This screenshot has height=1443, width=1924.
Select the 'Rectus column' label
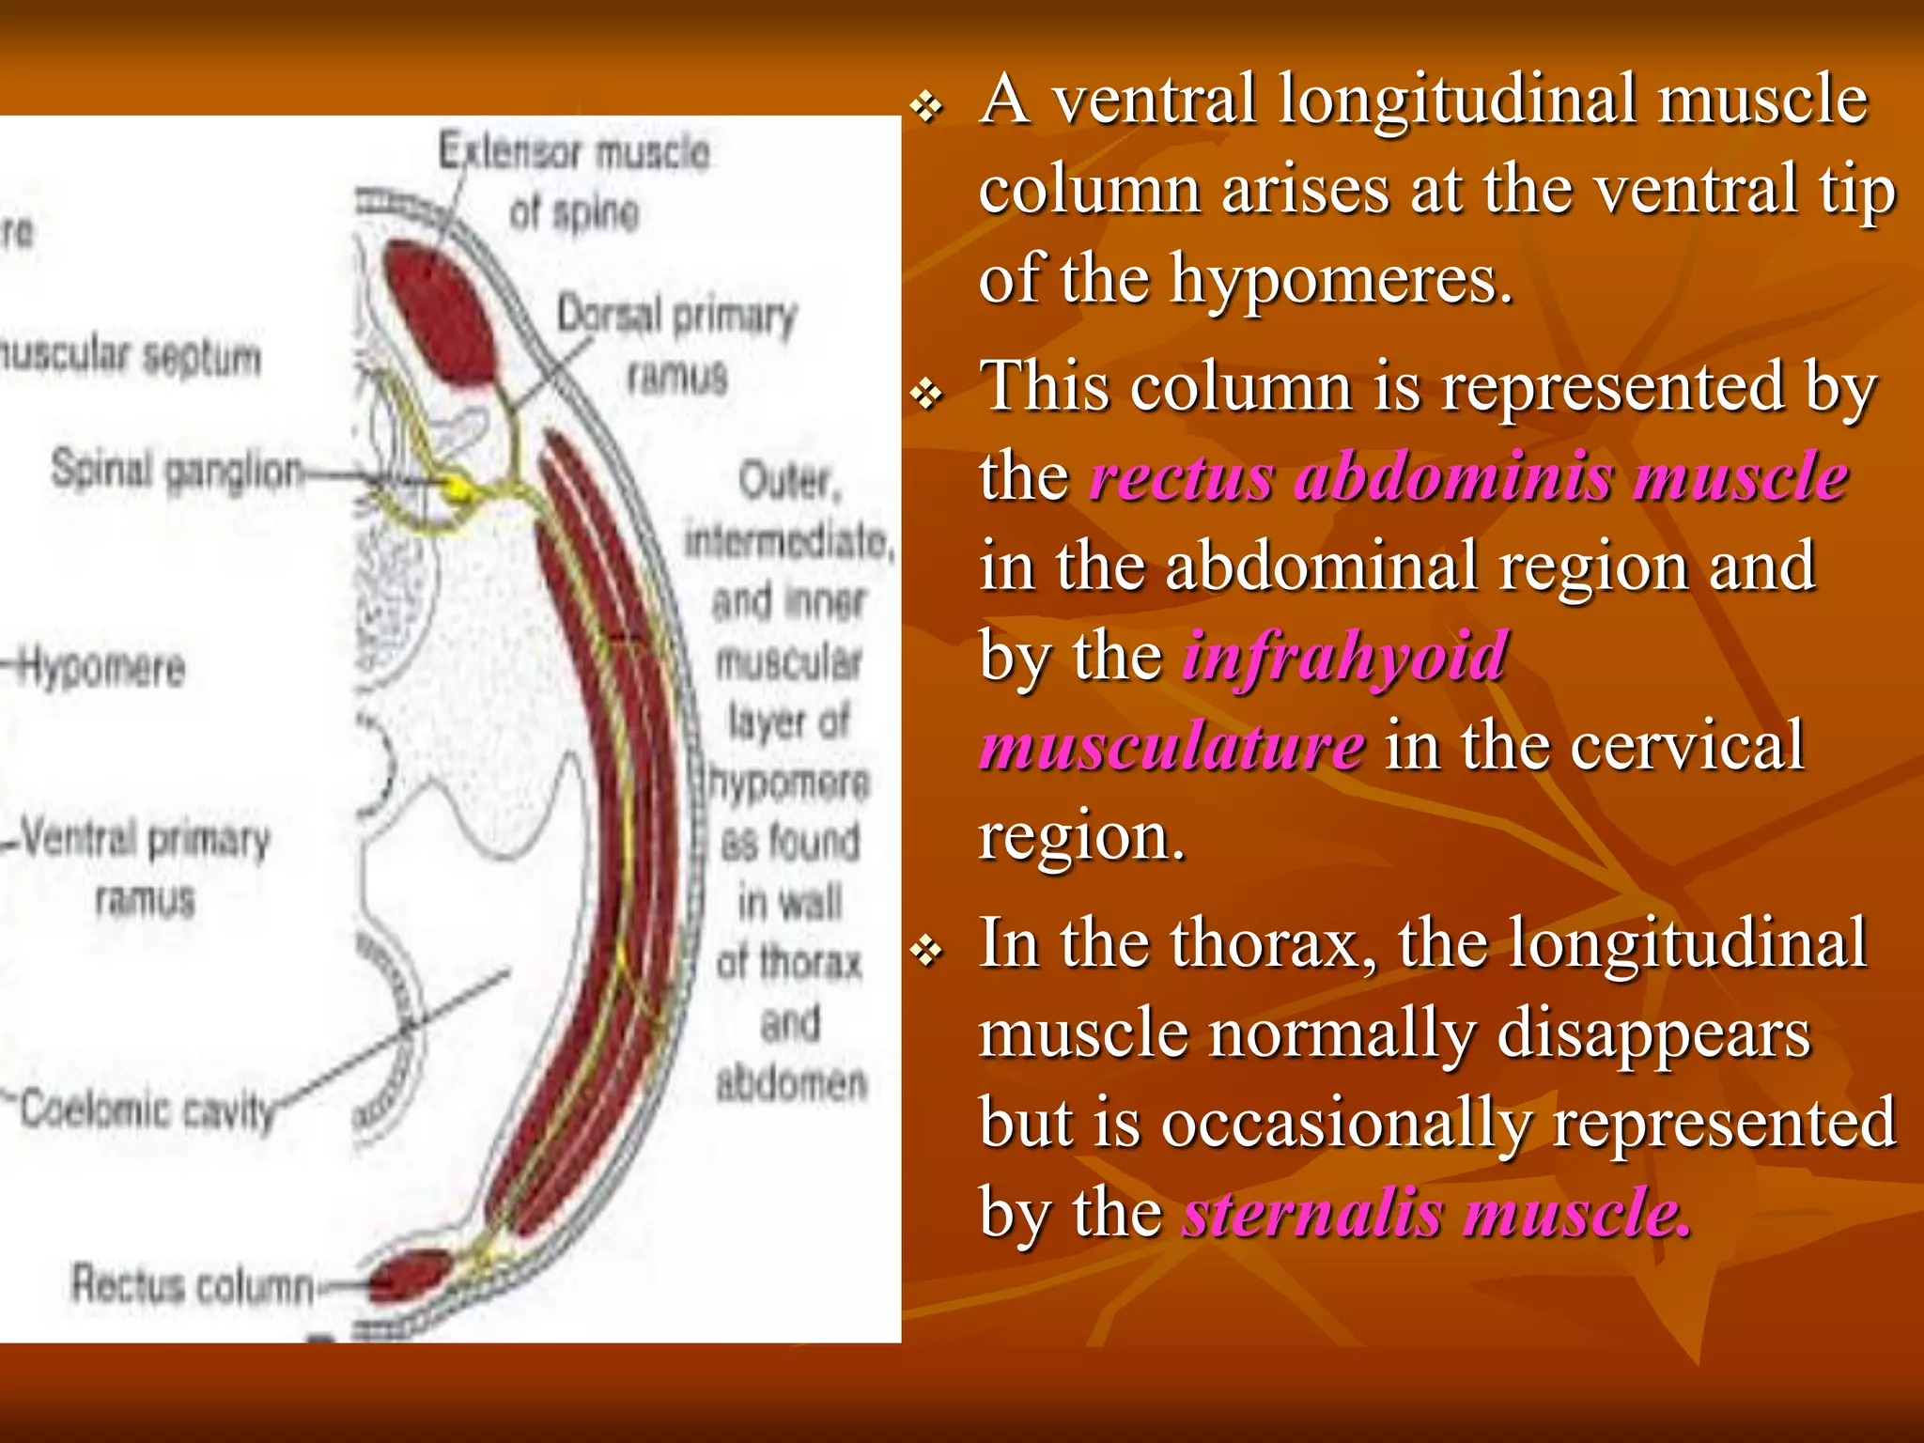193,1284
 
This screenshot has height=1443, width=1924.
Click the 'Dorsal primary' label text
676,316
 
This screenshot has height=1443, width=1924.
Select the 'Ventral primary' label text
146,838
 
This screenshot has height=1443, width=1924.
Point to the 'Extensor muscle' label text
574,152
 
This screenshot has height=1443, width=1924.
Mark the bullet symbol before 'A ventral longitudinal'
927,108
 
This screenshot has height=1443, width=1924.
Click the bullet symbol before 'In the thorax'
927,952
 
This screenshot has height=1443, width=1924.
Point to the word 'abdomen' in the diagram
791,1084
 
